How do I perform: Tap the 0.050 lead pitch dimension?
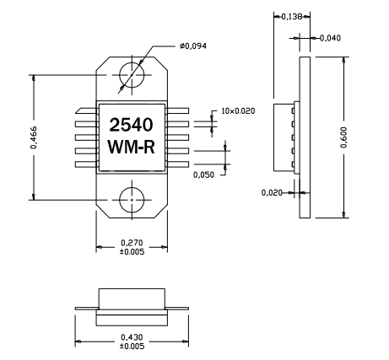[x=203, y=175]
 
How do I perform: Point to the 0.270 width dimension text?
[x=132, y=241]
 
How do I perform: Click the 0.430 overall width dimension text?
[x=132, y=337]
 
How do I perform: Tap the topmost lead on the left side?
[x=86, y=110]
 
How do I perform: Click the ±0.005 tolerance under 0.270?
[x=132, y=251]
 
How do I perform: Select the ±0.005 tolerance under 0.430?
[x=132, y=347]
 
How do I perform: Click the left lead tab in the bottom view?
[x=86, y=309]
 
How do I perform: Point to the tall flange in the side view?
[x=305, y=135]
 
